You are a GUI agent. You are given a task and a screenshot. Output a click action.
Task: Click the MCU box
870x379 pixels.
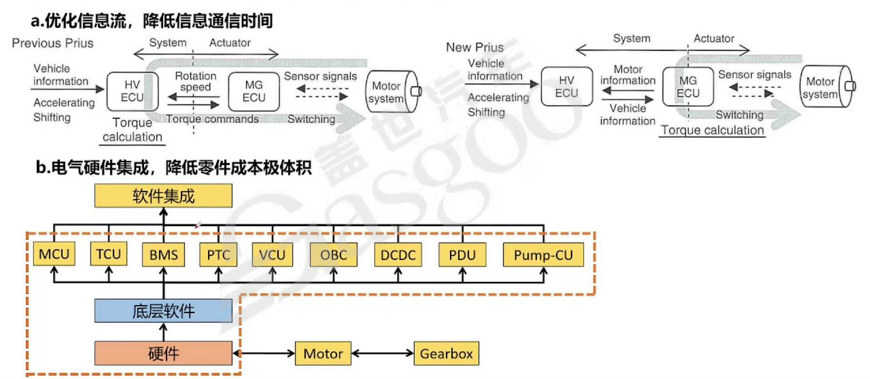(x=54, y=256)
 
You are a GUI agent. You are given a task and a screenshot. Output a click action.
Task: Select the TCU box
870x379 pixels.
(x=109, y=255)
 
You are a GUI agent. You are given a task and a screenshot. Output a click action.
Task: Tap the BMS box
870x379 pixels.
(x=164, y=256)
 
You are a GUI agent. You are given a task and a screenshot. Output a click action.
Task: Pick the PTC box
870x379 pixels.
(x=219, y=256)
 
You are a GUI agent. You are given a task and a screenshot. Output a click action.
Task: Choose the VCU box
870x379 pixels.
(x=273, y=256)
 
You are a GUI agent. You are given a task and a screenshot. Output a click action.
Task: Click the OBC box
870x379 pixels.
(x=333, y=256)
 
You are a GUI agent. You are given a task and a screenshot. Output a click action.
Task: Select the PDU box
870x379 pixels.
(x=463, y=256)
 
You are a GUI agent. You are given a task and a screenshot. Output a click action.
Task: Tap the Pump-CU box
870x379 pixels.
(x=543, y=256)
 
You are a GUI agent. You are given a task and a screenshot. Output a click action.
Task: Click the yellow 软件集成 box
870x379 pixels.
(x=163, y=197)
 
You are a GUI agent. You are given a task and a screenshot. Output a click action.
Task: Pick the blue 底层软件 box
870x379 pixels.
(x=163, y=311)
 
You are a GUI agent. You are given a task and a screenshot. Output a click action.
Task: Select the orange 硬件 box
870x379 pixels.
(x=163, y=354)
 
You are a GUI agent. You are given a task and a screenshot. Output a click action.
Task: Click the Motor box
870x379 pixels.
(x=323, y=354)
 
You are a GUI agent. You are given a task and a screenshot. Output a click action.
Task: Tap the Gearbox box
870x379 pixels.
(x=446, y=354)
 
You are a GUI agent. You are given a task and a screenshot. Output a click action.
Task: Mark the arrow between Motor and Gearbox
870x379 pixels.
(x=383, y=354)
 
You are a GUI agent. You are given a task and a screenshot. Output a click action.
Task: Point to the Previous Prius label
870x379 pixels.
(x=53, y=43)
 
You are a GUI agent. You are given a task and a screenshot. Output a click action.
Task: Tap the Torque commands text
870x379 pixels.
(x=213, y=120)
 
